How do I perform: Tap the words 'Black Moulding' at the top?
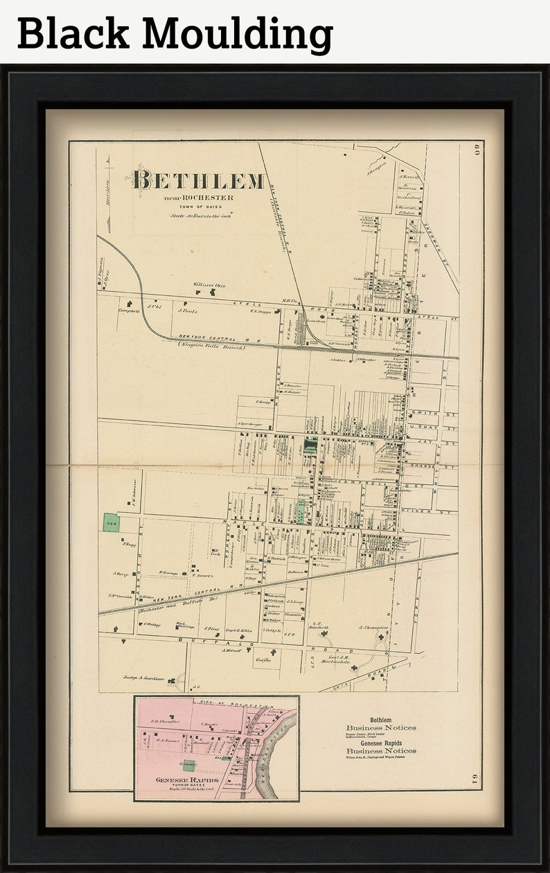[x=175, y=33]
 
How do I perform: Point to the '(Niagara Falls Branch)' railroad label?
[x=211, y=345]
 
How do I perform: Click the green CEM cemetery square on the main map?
[x=111, y=522]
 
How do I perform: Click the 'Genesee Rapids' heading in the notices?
[x=380, y=743]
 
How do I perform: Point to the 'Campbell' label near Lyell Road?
[x=129, y=311]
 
